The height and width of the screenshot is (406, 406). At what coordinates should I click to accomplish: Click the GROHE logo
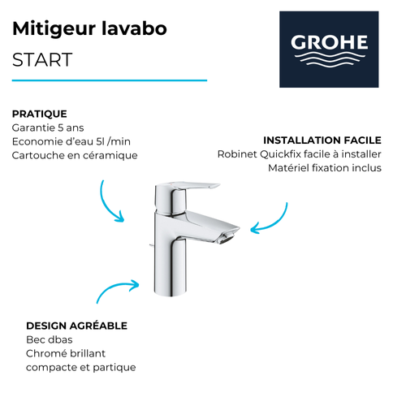coord(329,49)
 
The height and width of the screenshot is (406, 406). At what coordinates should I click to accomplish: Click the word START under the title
coord(43,60)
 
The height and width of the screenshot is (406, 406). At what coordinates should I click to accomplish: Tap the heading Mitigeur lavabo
coord(90,29)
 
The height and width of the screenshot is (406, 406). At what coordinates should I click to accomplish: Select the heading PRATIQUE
coord(40,114)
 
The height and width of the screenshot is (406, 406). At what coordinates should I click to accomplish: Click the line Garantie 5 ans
coord(49,128)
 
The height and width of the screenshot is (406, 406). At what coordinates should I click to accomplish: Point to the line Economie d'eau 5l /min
coord(72,141)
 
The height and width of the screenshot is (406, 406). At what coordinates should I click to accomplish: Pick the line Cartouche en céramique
coord(75,155)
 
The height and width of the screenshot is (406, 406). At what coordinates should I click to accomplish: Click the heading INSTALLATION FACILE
coord(322,140)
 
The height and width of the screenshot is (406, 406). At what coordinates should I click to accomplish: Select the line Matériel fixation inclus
coord(324,168)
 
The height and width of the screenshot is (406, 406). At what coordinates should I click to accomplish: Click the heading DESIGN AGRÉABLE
coord(76,326)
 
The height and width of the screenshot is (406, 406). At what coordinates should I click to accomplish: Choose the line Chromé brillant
coord(66,353)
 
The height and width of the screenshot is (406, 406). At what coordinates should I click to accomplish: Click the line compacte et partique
coord(81,367)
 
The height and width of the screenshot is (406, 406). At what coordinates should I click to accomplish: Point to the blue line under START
coord(110,80)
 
